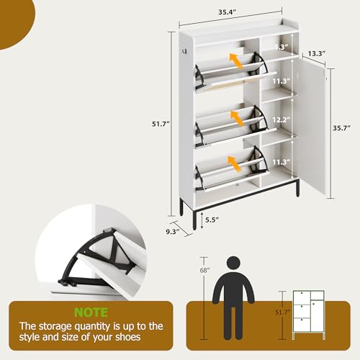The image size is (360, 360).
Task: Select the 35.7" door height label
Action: click(x=342, y=130)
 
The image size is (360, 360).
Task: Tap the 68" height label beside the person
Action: click(x=206, y=270)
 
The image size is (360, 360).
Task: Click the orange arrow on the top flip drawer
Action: click(x=236, y=60)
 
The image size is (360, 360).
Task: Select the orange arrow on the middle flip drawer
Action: click(x=236, y=115)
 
